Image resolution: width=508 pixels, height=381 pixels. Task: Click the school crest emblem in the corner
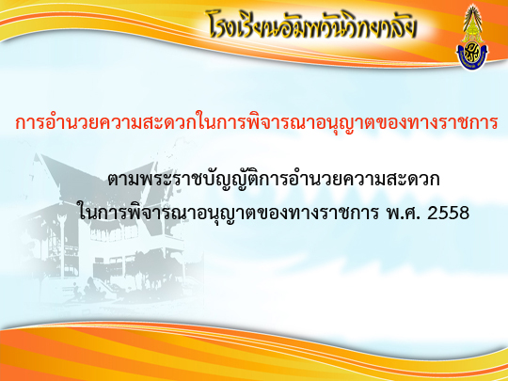tap(472, 37)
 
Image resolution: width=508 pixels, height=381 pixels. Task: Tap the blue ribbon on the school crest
tap(472, 59)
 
